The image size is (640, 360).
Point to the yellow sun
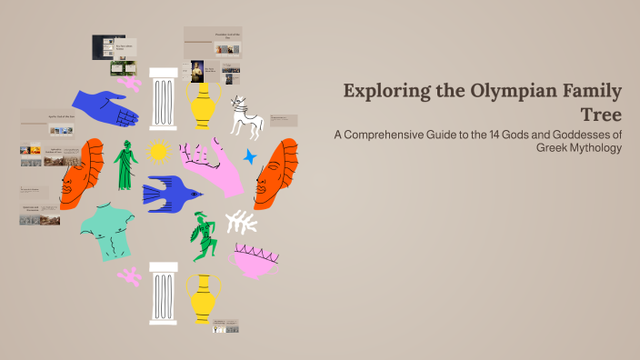pyautogui.click(x=159, y=152)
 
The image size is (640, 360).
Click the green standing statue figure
pyautogui.click(x=125, y=165)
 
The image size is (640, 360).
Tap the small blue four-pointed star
pyautogui.click(x=249, y=157)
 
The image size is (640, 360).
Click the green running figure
pyautogui.click(x=202, y=235)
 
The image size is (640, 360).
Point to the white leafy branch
pyautogui.click(x=241, y=221)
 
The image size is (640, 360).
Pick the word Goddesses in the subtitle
pyautogui.click(x=577, y=135)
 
